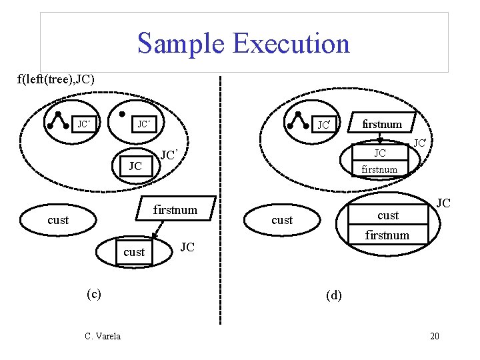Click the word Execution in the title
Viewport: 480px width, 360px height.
[x=291, y=43]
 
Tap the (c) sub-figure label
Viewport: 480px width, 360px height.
[x=93, y=293]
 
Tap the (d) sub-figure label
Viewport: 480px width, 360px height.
[x=333, y=295]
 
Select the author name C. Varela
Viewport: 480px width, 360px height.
[x=103, y=336]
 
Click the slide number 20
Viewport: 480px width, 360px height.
[x=434, y=336]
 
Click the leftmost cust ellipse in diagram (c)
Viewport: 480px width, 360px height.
[x=58, y=220]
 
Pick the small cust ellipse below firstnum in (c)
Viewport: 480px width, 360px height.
[x=134, y=252]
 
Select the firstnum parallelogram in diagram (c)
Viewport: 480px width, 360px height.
[x=175, y=210]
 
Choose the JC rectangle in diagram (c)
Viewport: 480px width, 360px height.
[x=135, y=166]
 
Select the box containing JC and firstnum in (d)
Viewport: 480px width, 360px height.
[x=379, y=161]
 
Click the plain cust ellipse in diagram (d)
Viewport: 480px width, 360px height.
[x=282, y=220]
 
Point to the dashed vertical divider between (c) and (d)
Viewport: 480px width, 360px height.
[x=219, y=200]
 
